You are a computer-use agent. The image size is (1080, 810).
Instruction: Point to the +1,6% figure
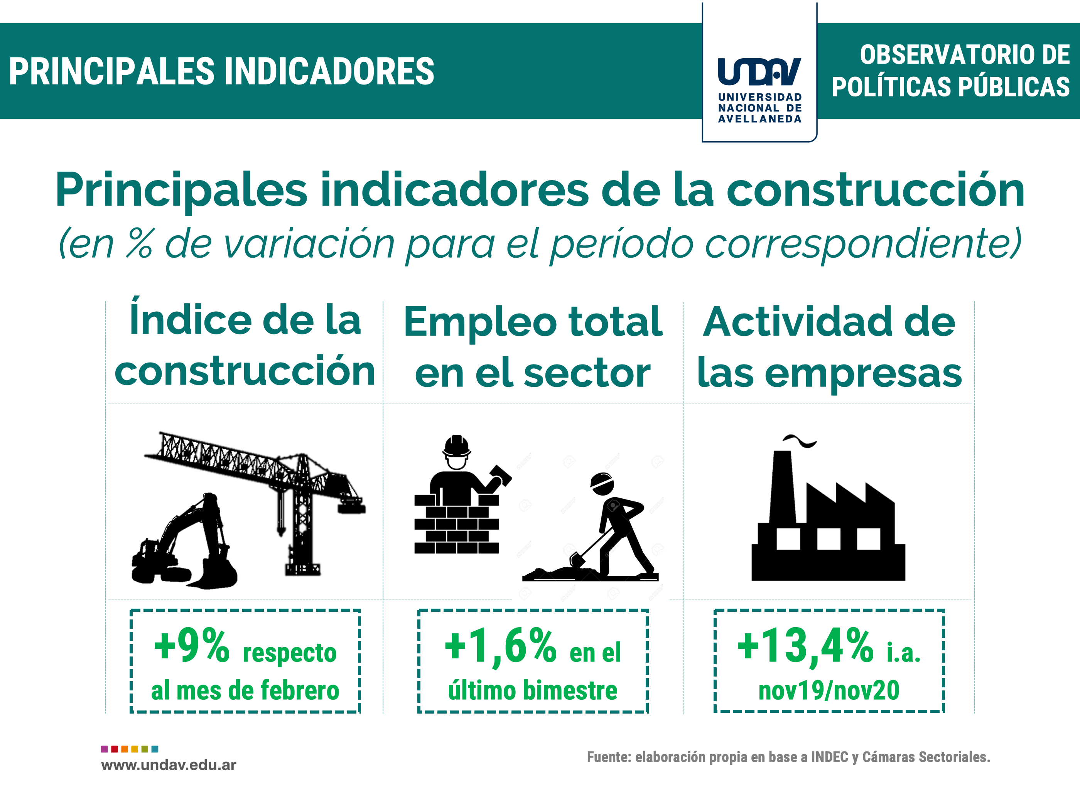[500, 646]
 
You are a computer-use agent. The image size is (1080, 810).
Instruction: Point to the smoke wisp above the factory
[799, 440]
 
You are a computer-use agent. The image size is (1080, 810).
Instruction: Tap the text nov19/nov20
[829, 690]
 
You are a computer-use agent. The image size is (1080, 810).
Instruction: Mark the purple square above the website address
[105, 749]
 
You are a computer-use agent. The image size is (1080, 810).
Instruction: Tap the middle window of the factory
[829, 540]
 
